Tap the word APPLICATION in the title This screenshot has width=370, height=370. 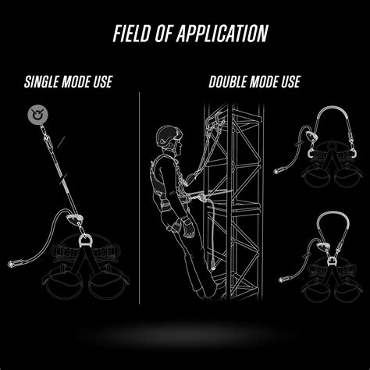(x=222, y=34)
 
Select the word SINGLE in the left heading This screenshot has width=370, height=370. (x=41, y=82)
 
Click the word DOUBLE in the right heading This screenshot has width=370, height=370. (x=227, y=82)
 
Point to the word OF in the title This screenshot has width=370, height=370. (x=164, y=34)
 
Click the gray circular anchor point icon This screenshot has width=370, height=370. (x=38, y=114)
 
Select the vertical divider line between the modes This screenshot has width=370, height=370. (x=140, y=197)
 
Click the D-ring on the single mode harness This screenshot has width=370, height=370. (x=84, y=241)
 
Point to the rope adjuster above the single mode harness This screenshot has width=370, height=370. (x=74, y=219)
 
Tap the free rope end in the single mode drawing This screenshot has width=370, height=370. (x=12, y=264)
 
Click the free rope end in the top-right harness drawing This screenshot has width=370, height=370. (x=276, y=171)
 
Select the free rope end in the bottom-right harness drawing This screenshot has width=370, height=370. (x=282, y=280)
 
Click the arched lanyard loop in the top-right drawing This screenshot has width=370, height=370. (x=334, y=109)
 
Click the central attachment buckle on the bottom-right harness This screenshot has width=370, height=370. (x=332, y=260)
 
